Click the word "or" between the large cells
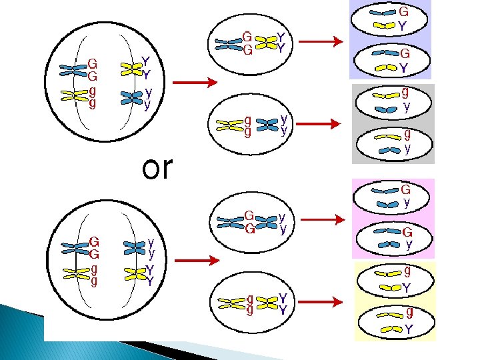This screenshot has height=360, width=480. (x=157, y=169)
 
